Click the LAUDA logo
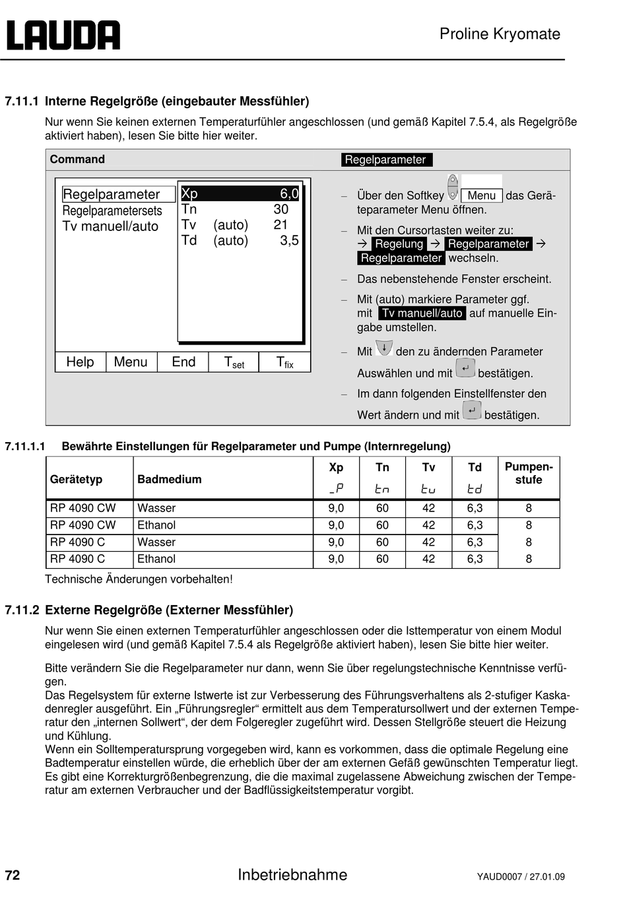(x=63, y=35)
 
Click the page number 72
(x=13, y=875)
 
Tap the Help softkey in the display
(x=80, y=362)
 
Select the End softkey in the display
(x=183, y=362)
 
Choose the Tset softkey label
(x=234, y=362)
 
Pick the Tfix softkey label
(x=284, y=362)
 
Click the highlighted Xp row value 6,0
(x=289, y=193)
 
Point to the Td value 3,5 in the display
(x=289, y=240)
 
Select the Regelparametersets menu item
(x=112, y=211)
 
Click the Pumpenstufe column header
(x=529, y=473)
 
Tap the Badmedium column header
(x=170, y=479)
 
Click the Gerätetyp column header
(x=76, y=479)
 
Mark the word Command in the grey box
(x=77, y=159)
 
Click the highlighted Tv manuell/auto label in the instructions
(x=422, y=313)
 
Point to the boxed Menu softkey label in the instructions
(x=482, y=195)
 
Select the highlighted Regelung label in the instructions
(x=399, y=244)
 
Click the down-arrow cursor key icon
(x=383, y=348)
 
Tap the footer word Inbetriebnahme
(x=292, y=874)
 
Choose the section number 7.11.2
(x=22, y=610)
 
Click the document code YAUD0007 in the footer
(x=499, y=877)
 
